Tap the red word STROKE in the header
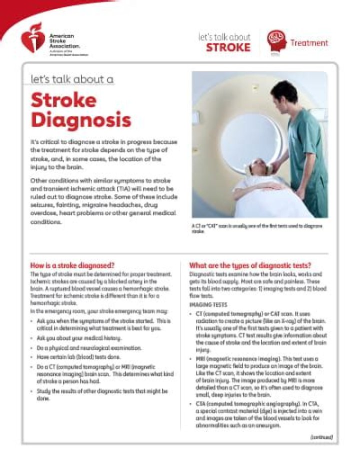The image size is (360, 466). [228, 47]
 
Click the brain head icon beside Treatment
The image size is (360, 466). [276, 41]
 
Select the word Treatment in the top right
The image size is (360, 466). [309, 43]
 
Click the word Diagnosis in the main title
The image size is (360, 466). [80, 120]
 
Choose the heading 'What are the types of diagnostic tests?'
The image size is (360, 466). [250, 265]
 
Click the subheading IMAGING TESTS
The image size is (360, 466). [207, 304]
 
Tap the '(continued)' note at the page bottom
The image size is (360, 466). [321, 436]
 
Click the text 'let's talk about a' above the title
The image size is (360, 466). [72, 79]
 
